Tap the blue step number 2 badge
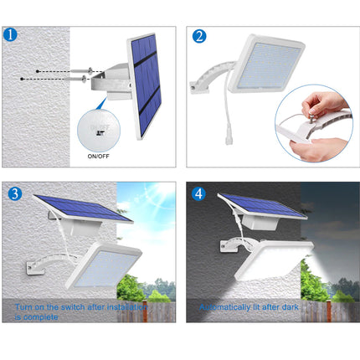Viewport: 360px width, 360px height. (199, 36)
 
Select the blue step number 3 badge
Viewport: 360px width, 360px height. (15, 193)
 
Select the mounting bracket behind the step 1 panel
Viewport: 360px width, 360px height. (109, 84)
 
